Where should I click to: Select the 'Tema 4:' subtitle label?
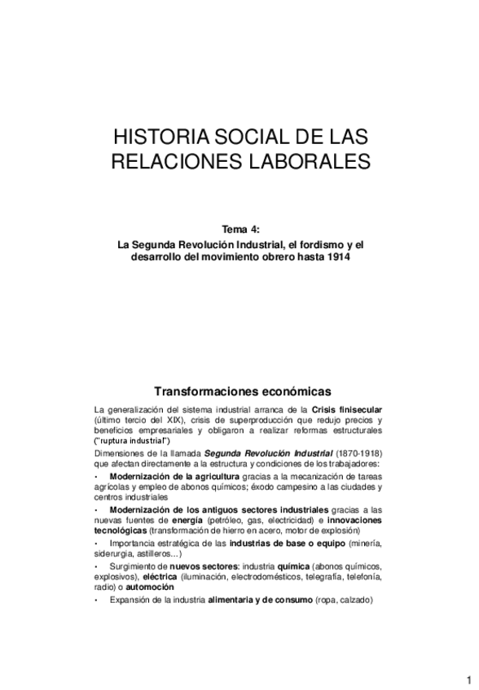coord(239,230)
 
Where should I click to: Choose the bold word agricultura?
coord(204,475)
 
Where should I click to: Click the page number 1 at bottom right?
coord(470,679)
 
